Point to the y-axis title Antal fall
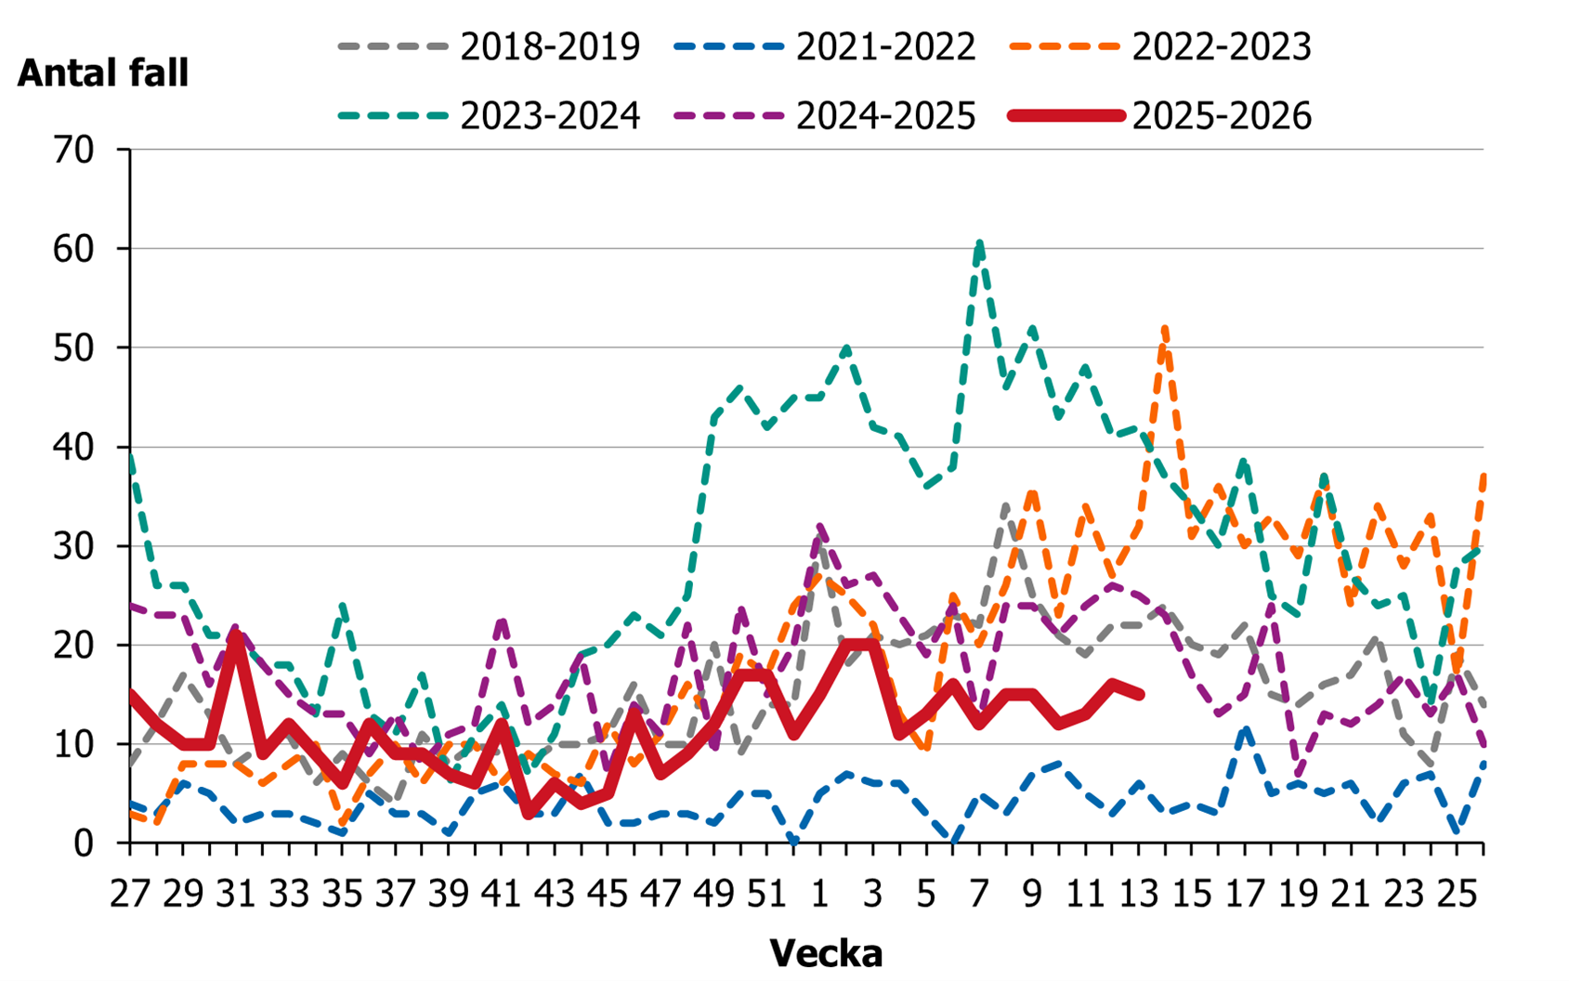pos(102,72)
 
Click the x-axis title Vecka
pos(826,953)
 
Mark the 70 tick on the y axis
pos(74,150)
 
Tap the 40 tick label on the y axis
pos(74,447)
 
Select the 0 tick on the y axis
pos(85,843)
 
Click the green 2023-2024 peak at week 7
pos(980,243)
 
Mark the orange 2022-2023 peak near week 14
pos(1165,328)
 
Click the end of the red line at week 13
pos(1140,694)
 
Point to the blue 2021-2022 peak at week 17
pos(1246,730)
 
